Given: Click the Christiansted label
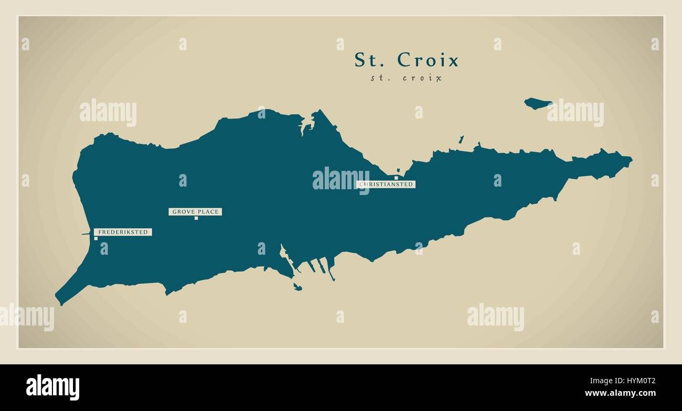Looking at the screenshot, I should coord(386,185).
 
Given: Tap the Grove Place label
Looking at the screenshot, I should coord(195,212).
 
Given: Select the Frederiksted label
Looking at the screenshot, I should coord(123,232).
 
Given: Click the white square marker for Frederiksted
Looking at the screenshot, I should coord(95,239).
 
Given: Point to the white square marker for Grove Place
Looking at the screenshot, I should coord(196,218).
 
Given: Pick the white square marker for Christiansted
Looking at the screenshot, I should coord(396,178).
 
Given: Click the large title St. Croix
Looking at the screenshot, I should coord(406,60).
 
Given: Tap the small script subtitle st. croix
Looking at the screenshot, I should coord(406,78).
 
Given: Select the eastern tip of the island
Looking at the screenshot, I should coord(631,159).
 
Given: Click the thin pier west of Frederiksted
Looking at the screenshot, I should coord(85,234).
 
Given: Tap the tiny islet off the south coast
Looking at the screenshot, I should coord(297,287).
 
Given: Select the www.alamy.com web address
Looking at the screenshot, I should coord(620,393).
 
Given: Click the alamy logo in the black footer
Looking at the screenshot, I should coord(52,387).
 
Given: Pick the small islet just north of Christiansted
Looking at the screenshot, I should coord(399,170).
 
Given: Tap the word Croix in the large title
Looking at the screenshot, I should coord(428,60).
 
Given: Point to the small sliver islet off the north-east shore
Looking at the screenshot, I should coord(461,139).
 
